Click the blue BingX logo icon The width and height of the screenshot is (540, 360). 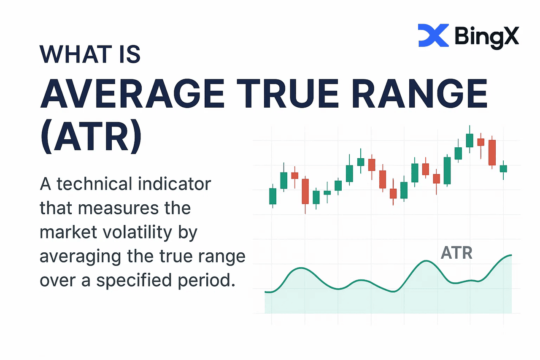tap(433, 35)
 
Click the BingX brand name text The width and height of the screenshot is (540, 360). tap(487, 37)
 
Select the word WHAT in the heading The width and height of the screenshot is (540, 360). tap(76, 54)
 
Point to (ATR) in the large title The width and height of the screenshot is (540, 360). tap(91, 136)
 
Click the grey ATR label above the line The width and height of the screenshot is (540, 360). tap(456, 253)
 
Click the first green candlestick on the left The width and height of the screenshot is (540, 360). tap(273, 196)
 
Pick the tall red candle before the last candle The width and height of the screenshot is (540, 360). tap(492, 152)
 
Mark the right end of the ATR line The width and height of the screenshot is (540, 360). tap(511, 255)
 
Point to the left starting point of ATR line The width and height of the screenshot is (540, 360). tap(265, 292)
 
